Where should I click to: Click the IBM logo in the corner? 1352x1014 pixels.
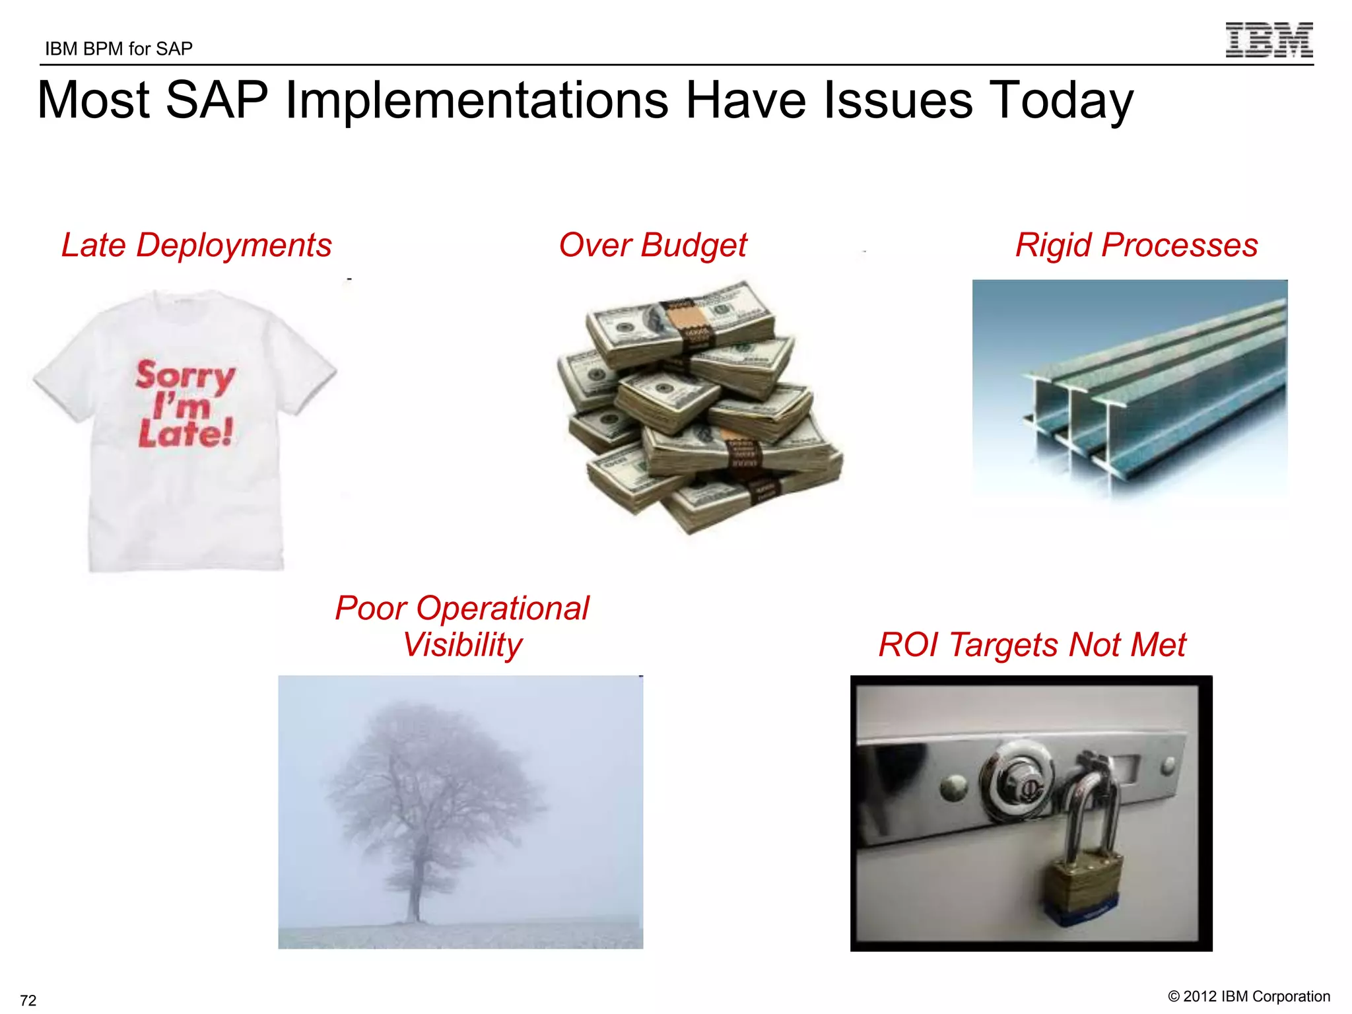click(1268, 40)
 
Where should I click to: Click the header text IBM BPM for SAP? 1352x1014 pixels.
click(119, 49)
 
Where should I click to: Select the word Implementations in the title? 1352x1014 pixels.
click(475, 100)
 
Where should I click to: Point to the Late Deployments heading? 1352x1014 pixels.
click(196, 245)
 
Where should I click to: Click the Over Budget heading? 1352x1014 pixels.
click(652, 245)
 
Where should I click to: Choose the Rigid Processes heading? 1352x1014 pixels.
click(1136, 245)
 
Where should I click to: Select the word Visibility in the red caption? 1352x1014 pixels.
click(462, 645)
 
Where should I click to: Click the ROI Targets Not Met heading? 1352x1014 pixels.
click(1032, 645)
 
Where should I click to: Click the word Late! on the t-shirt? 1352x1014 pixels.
click(186, 433)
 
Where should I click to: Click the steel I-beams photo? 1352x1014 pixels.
click(1130, 389)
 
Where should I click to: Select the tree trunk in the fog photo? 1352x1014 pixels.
click(414, 885)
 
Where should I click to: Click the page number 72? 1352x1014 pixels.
click(28, 1000)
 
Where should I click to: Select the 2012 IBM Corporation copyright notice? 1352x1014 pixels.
click(1248, 996)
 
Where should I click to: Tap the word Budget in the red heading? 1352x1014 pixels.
click(693, 245)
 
